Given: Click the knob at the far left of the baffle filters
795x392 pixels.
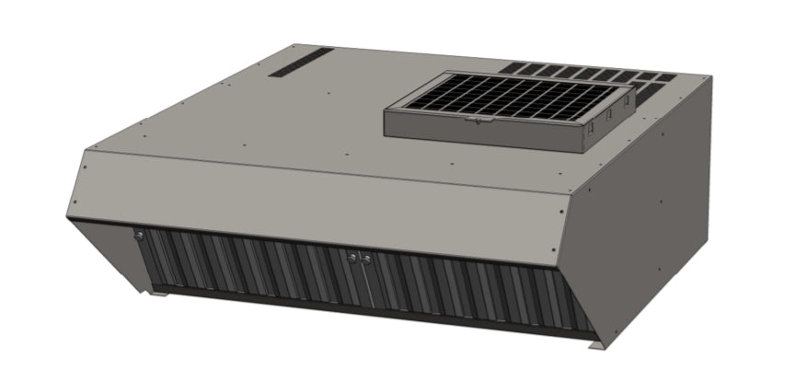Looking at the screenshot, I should coord(139,236).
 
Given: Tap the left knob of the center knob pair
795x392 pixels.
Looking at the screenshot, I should coord(351,258).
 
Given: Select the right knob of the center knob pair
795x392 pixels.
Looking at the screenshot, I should coord(365,259).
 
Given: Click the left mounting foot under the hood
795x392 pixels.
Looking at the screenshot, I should coord(159,294).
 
